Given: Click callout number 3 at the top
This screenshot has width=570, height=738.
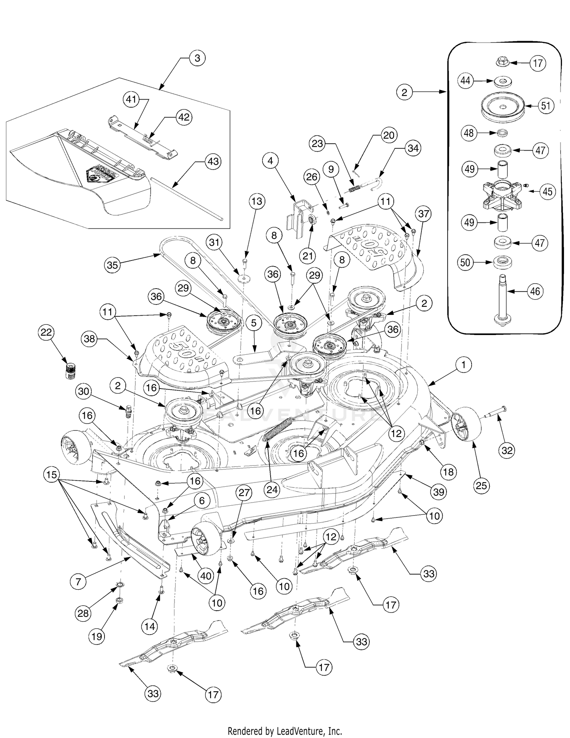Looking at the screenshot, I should [x=197, y=59].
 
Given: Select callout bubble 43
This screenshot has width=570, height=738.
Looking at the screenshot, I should [x=213, y=162].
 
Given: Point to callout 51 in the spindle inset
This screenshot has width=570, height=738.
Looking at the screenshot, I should [x=545, y=105].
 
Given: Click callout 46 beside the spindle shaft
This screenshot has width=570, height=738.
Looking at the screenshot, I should [x=535, y=292].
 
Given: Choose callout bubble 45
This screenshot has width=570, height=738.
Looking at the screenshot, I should [x=547, y=191].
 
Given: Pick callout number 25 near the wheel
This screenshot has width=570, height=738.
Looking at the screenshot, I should [x=481, y=486].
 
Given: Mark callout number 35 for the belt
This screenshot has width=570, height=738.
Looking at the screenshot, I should [x=112, y=265].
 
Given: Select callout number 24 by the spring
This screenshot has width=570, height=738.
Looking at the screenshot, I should [x=272, y=489].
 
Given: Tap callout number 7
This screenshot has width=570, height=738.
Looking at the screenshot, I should [x=78, y=581].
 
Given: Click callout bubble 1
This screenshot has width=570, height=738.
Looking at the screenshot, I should [x=463, y=365].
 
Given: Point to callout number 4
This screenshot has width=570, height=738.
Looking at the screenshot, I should [x=270, y=161].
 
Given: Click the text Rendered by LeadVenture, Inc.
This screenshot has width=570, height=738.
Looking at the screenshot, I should [x=285, y=730].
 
